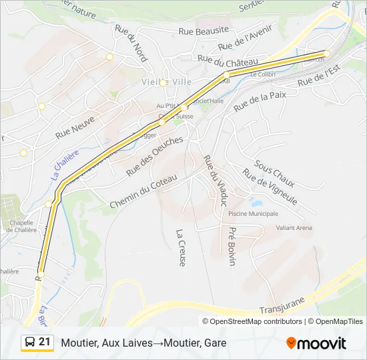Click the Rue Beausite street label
pos(204,30)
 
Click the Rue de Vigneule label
pos(270,187)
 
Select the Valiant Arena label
pos(294,228)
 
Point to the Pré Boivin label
pos(232,245)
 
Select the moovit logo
pos(316,343)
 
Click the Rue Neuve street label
pos(75,125)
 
